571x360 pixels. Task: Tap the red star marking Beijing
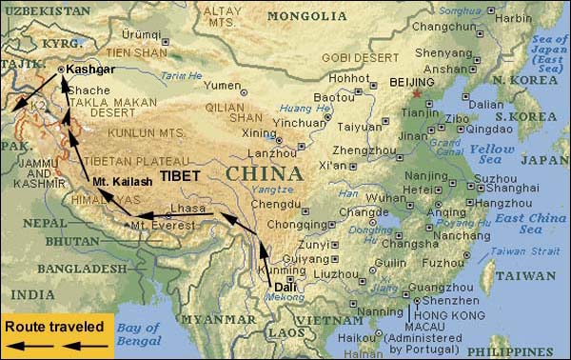pos(416,94)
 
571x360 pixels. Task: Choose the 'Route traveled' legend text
pos(54,326)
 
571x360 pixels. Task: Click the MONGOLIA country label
pos(307,16)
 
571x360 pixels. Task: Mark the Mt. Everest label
pos(165,226)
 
